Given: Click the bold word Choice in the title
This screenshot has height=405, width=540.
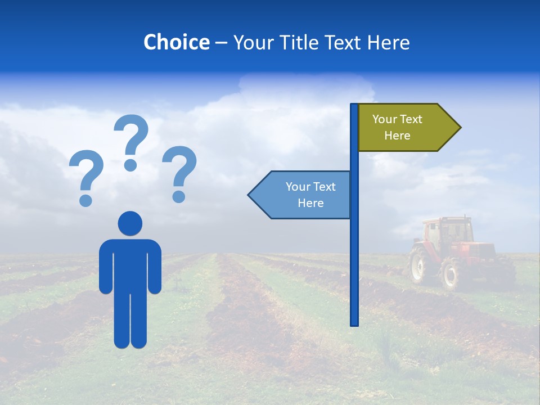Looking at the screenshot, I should tap(176, 42).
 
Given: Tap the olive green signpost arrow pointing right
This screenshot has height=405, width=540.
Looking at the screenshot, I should tap(405, 128).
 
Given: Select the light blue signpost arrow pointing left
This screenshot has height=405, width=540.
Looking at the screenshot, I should tap(301, 195).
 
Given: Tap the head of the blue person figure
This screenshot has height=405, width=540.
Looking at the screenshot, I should tap(130, 223).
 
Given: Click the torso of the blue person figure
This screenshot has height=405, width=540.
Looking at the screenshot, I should tap(130, 264).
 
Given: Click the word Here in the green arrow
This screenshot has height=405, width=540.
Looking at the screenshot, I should tap(397, 136).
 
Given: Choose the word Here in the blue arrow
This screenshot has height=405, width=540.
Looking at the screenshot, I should tap(310, 203).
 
